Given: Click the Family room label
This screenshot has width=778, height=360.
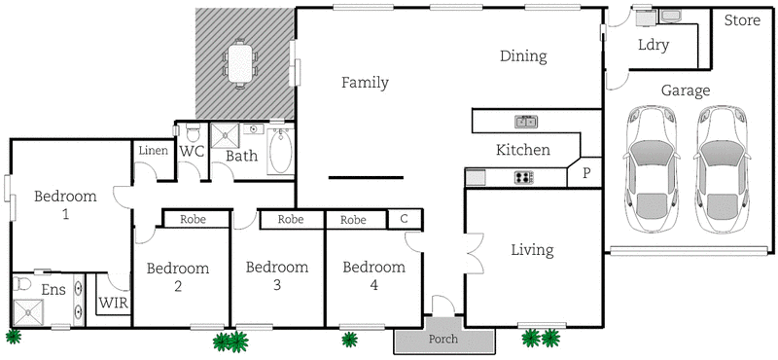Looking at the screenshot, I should pyautogui.click(x=365, y=83).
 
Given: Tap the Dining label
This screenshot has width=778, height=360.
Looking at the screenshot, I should pyautogui.click(x=524, y=56).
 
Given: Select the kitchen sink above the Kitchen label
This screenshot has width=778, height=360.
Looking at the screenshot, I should pyautogui.click(x=526, y=122).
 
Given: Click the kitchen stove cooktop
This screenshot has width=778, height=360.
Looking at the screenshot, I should pyautogui.click(x=523, y=177).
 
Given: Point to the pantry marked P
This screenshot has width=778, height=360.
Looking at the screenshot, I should pyautogui.click(x=585, y=173).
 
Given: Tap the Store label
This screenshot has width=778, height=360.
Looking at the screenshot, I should pyautogui.click(x=742, y=21).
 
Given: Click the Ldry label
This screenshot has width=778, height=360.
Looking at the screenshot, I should pyautogui.click(x=653, y=45).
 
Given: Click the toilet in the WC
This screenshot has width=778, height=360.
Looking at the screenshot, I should pyautogui.click(x=193, y=132).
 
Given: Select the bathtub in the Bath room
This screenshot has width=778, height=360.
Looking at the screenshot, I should pyautogui.click(x=280, y=152).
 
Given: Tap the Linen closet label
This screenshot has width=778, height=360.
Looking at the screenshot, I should pyautogui.click(x=153, y=151).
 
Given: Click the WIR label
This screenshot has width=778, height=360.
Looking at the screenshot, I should pyautogui.click(x=113, y=303).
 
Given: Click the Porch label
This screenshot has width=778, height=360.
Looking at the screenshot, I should pyautogui.click(x=443, y=341).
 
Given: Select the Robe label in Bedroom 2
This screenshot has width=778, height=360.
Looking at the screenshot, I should pyautogui.click(x=195, y=220).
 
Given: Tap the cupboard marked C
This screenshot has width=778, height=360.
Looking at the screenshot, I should pyautogui.click(x=404, y=220).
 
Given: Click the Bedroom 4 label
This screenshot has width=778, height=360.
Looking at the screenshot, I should pyautogui.click(x=374, y=275).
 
